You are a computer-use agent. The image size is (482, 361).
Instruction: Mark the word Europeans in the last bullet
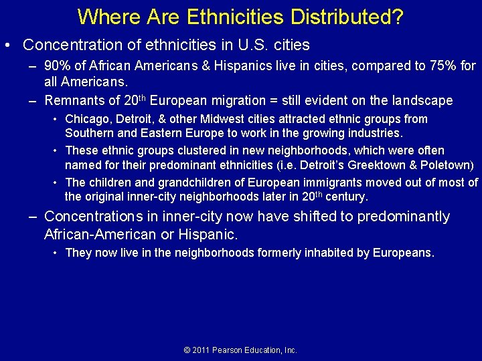click(x=403, y=253)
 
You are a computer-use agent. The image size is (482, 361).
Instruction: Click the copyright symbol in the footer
click(x=187, y=350)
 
